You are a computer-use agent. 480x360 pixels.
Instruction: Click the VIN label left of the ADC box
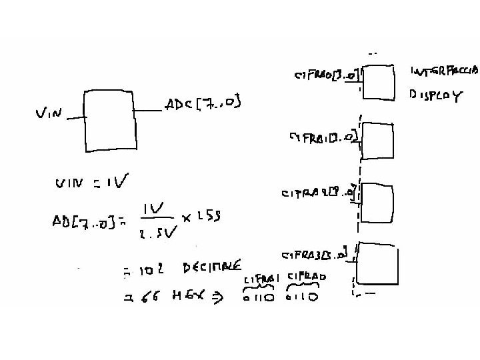point(49,114)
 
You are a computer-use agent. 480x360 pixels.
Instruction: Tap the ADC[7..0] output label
point(202,104)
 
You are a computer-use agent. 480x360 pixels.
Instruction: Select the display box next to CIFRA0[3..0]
point(377,82)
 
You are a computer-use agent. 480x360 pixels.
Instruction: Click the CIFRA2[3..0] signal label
point(319,194)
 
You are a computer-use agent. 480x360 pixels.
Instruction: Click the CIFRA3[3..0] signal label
point(316,255)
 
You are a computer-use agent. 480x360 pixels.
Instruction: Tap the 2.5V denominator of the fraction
point(157,233)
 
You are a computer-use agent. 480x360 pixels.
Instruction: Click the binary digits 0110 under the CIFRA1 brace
point(259,298)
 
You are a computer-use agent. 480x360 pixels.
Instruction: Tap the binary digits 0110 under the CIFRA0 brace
point(302,297)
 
